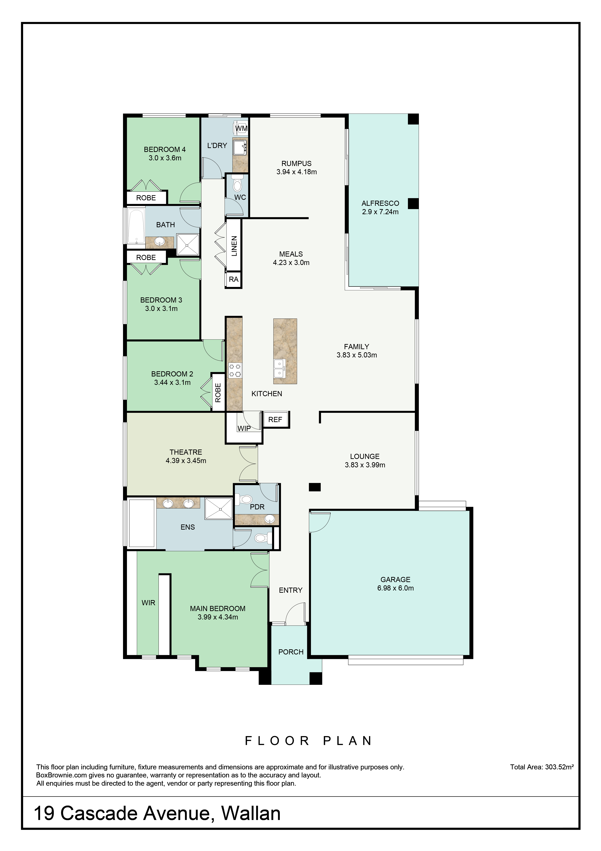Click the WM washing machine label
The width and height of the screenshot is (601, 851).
pos(241,128)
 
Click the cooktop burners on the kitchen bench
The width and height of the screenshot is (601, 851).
pos(235,370)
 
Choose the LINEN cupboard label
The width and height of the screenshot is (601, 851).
pos(234,246)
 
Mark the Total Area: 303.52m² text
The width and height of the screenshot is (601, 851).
pos(542,767)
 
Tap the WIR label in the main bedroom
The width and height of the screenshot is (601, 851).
pos(148,603)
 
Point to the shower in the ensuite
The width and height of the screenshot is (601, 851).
pos(218,509)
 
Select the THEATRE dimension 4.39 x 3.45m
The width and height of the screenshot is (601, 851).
pos(186,461)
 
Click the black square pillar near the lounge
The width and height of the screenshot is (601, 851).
pos(315,487)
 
